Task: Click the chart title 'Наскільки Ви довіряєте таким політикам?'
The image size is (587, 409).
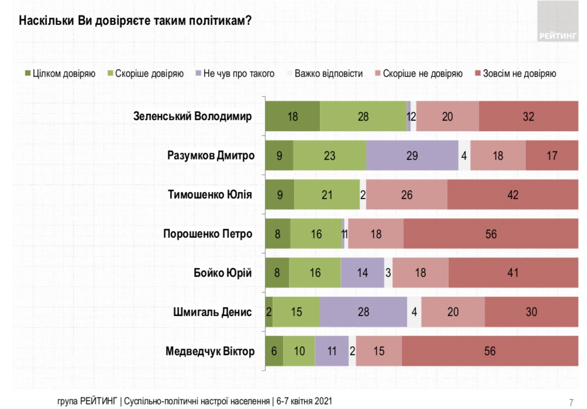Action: click(135, 20)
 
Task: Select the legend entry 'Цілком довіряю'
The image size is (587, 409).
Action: click(60, 74)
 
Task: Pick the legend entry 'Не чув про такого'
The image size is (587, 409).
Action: click(235, 74)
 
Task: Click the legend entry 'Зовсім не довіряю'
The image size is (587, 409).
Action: click(516, 74)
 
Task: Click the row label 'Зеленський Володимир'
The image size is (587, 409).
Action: click(192, 116)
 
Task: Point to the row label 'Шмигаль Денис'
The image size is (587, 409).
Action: click(212, 312)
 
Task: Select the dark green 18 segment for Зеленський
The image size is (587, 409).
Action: click(293, 116)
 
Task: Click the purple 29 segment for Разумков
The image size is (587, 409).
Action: click(412, 156)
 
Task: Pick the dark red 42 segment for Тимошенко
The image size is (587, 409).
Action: click(513, 195)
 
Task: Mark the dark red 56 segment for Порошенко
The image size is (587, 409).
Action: click(491, 234)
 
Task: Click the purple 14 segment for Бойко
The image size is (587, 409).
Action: click(362, 273)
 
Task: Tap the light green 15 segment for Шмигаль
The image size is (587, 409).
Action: click(296, 312)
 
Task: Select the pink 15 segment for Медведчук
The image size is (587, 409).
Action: click(379, 351)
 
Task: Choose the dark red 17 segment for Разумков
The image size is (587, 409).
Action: click(552, 156)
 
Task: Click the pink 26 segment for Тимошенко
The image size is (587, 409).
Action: click(406, 195)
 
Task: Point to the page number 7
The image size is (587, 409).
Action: click(571, 402)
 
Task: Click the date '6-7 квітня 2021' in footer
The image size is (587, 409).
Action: click(304, 401)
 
